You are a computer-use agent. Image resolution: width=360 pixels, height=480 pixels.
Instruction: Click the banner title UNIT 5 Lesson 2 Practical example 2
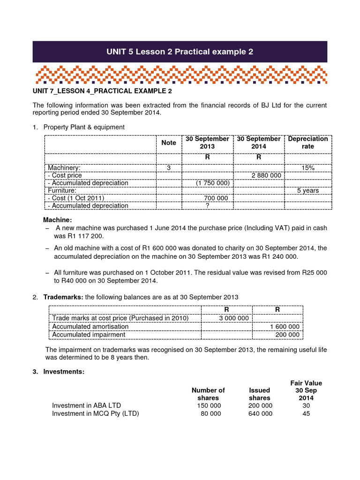[180, 52]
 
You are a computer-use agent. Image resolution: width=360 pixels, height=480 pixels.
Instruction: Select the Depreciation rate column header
[308, 142]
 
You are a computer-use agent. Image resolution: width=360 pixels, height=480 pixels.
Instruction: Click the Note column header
[169, 142]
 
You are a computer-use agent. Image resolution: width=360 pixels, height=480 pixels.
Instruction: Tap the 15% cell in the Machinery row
[308, 167]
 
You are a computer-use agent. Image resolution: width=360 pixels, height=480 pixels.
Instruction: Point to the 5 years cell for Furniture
[308, 190]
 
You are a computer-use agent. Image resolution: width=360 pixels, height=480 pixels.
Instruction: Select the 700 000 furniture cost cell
[216, 198]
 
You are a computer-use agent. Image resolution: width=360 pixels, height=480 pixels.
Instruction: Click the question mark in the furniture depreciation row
[207, 205]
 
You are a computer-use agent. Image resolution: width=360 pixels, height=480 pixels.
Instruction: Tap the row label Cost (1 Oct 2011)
[75, 198]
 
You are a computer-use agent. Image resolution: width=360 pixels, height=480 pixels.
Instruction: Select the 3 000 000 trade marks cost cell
[234, 318]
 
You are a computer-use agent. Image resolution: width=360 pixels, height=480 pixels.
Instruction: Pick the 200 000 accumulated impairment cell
[288, 334]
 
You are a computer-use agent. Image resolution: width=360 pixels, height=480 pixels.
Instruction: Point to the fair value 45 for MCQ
[306, 413]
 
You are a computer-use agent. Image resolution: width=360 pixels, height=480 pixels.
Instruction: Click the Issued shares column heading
[260, 394]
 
